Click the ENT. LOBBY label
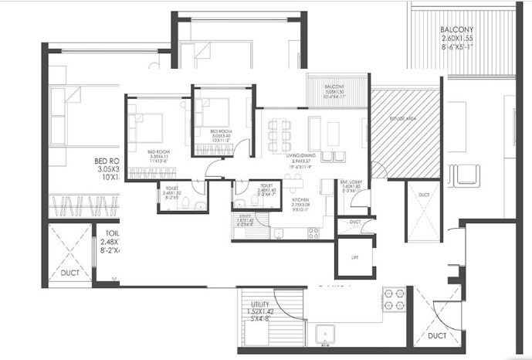tap(351, 182)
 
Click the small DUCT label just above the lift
tap(354, 222)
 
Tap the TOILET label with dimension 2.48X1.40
tap(266, 185)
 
